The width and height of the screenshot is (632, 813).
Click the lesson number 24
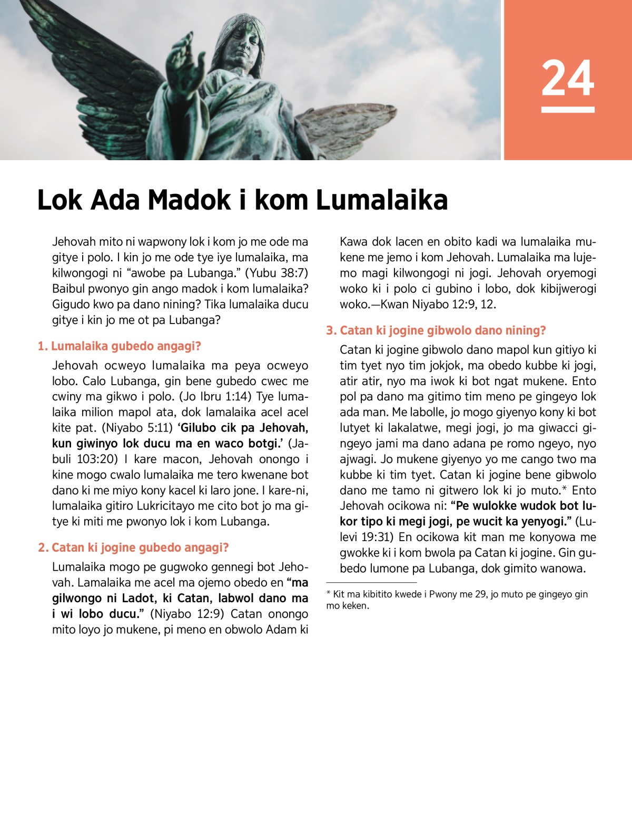click(x=568, y=78)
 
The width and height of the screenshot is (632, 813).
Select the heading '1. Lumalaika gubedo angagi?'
click(x=120, y=346)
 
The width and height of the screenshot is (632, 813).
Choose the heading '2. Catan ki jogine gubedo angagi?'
click(x=133, y=547)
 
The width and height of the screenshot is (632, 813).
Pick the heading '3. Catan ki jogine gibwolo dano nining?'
click(x=436, y=330)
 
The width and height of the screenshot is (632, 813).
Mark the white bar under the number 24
click(x=568, y=110)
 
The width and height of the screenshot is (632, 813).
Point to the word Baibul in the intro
click(x=68, y=289)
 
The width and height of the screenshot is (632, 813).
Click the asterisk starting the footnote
click(x=329, y=594)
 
